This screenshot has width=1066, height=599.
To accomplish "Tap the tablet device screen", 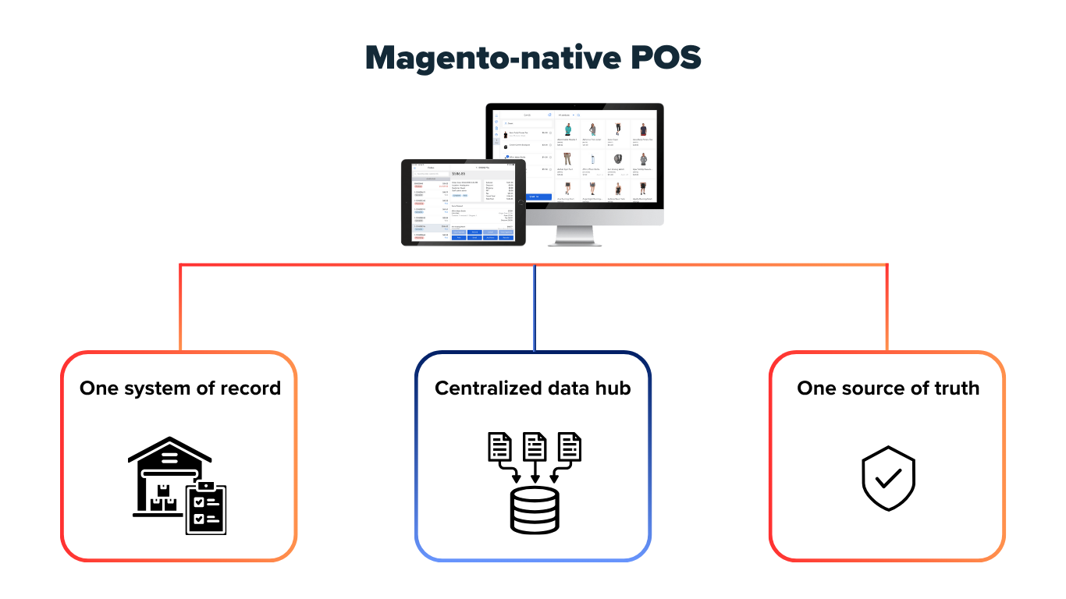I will point(464,202).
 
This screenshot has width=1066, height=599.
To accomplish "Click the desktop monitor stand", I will point(574,236).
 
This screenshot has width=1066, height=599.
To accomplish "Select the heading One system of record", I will point(179,388).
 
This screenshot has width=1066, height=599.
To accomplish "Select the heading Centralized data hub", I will point(532,388).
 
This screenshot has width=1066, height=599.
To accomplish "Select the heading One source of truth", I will point(887,388).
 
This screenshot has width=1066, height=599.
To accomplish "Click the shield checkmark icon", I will point(888,477).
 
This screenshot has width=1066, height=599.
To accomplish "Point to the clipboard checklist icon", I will point(206,508).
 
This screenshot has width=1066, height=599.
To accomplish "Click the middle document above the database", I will point(535,447).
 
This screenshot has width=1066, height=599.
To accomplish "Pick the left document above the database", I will point(499,447).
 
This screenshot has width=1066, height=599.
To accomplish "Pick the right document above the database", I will point(570,447).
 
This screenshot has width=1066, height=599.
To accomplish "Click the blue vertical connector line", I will point(535,308).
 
